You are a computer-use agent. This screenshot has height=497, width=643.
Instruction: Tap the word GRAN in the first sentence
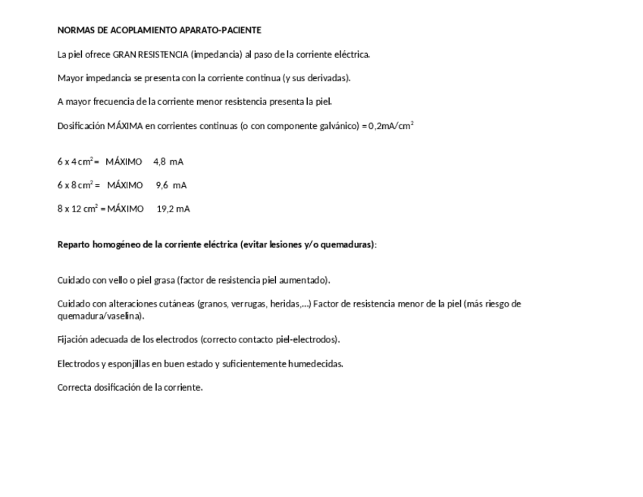(125, 55)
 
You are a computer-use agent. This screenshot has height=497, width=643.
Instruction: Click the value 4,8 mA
(168, 162)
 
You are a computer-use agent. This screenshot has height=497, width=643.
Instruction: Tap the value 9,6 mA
(171, 185)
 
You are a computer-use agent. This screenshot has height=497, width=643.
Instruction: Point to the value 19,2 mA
(173, 209)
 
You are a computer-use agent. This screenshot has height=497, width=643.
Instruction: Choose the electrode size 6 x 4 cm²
(75, 162)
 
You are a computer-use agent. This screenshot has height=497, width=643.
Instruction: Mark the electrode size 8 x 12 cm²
(78, 209)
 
